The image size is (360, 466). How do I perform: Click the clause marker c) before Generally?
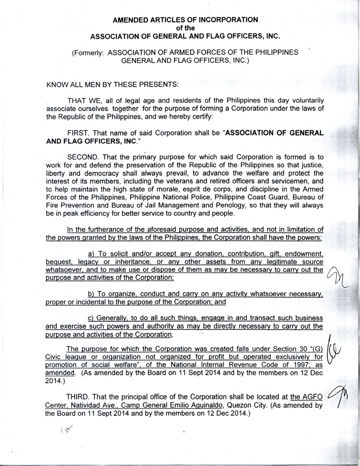coord(91,318)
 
